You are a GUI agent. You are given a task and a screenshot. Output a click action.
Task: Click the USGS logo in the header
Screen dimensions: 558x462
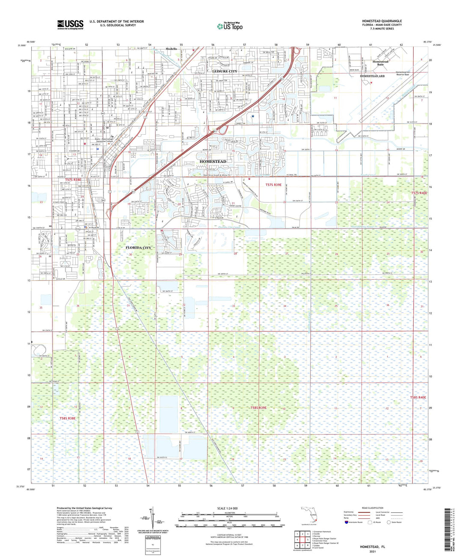(70, 24)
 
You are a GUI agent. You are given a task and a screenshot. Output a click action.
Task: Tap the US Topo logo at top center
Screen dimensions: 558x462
(230, 26)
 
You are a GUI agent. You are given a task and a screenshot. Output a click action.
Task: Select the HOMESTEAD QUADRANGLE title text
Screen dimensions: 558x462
(382, 21)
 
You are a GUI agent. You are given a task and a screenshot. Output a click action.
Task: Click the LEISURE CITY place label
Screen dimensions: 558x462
(225, 71)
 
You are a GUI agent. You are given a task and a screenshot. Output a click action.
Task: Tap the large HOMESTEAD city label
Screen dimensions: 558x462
(213, 161)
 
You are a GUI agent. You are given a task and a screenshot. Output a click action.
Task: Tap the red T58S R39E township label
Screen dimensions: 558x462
(258, 408)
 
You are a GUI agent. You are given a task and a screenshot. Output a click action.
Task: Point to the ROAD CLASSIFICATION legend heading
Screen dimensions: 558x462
(372, 508)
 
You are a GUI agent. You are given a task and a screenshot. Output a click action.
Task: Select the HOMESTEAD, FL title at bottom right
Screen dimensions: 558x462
(372, 547)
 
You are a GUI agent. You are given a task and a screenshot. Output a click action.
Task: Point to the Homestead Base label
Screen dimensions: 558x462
(380, 63)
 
